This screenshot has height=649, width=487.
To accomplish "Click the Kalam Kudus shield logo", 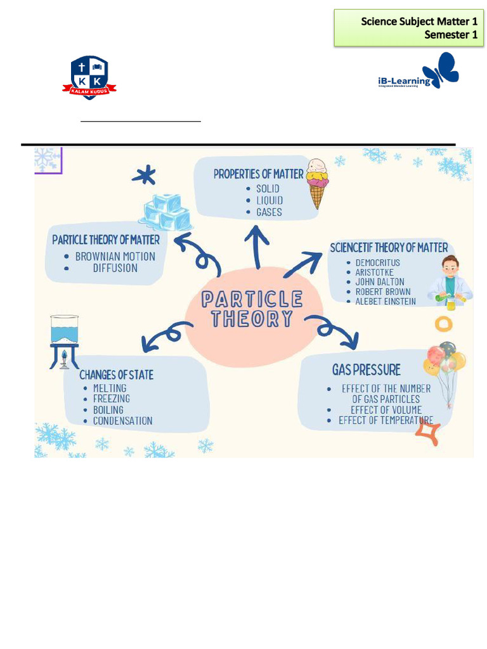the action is [89, 77].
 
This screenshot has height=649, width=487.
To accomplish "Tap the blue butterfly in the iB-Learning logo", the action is [441, 70].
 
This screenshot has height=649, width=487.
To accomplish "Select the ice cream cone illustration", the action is [317, 183].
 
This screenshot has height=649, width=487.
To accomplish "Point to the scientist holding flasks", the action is [450, 282].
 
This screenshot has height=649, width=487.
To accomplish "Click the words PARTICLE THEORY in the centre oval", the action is [252, 309].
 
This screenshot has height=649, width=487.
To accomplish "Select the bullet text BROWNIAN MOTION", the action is [115, 257].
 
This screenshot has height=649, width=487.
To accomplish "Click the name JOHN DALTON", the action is [380, 282].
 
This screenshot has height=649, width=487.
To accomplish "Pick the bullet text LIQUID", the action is [269, 201].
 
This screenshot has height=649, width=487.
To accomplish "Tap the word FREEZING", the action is [112, 399].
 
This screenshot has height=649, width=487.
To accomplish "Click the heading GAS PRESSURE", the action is [367, 369].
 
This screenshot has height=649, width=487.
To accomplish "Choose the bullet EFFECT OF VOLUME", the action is [386, 410].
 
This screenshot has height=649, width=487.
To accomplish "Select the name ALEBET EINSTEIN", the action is [386, 301].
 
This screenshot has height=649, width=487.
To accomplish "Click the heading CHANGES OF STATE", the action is [117, 375].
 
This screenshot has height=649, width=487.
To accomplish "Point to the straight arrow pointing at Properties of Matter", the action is [257, 247].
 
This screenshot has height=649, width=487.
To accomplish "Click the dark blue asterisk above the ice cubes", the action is [144, 176].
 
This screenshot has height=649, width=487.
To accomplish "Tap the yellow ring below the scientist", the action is [443, 324].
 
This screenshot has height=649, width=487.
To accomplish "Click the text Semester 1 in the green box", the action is [451, 35].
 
